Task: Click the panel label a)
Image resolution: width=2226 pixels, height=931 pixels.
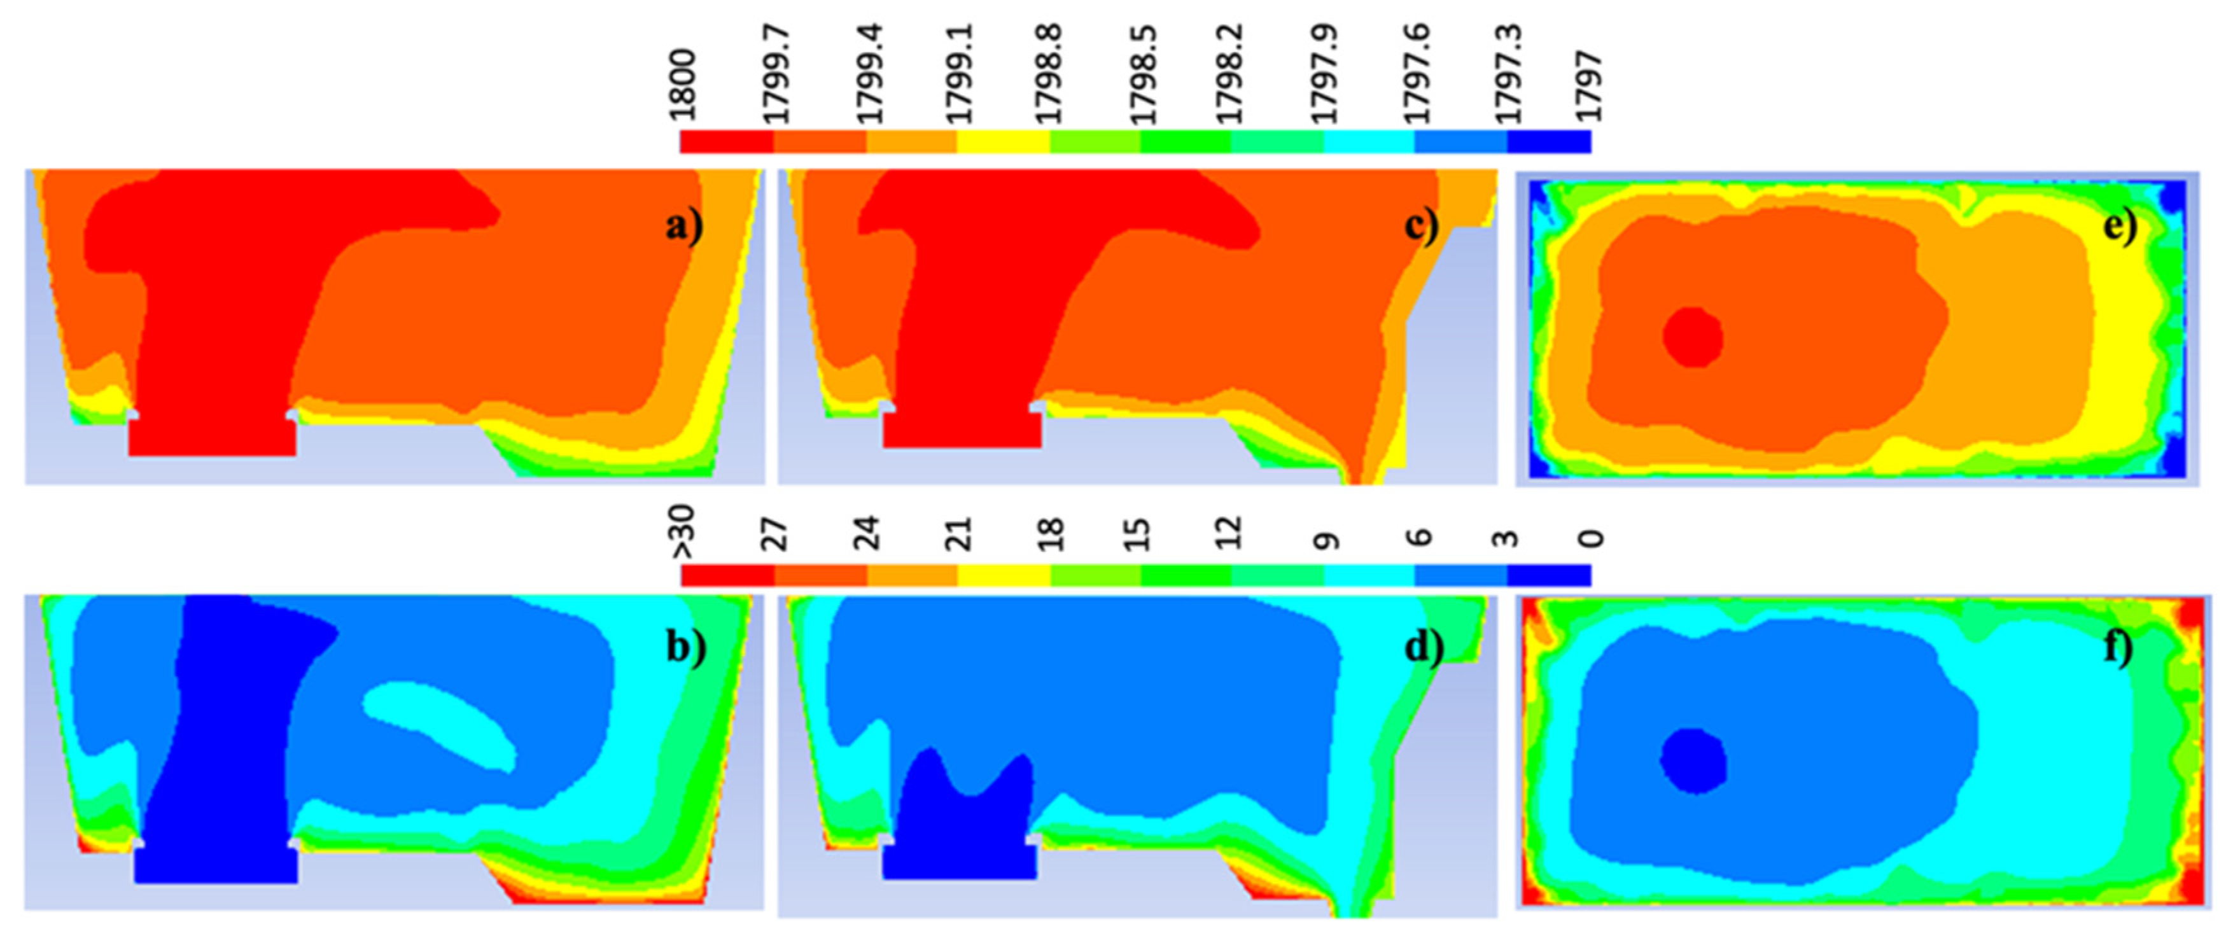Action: click(684, 227)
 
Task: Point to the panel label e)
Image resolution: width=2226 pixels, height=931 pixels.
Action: click(2120, 227)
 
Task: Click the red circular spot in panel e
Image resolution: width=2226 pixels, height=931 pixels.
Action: click(1693, 337)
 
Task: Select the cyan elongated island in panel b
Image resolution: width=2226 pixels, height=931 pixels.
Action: click(439, 724)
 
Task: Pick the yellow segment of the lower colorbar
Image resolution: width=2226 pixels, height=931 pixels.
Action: click(1004, 575)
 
